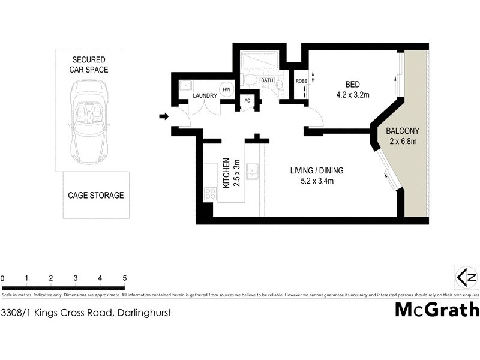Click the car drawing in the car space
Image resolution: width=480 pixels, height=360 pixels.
89,119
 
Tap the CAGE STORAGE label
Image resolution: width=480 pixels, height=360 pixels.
96,195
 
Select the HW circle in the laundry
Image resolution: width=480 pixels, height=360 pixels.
226,90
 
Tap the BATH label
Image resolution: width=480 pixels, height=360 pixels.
268,80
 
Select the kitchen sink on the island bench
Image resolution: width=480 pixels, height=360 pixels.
253,170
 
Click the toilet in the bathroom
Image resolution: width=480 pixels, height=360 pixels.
252,80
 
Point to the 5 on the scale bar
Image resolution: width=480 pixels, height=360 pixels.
124,278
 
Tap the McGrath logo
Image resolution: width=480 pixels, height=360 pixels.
437,310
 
